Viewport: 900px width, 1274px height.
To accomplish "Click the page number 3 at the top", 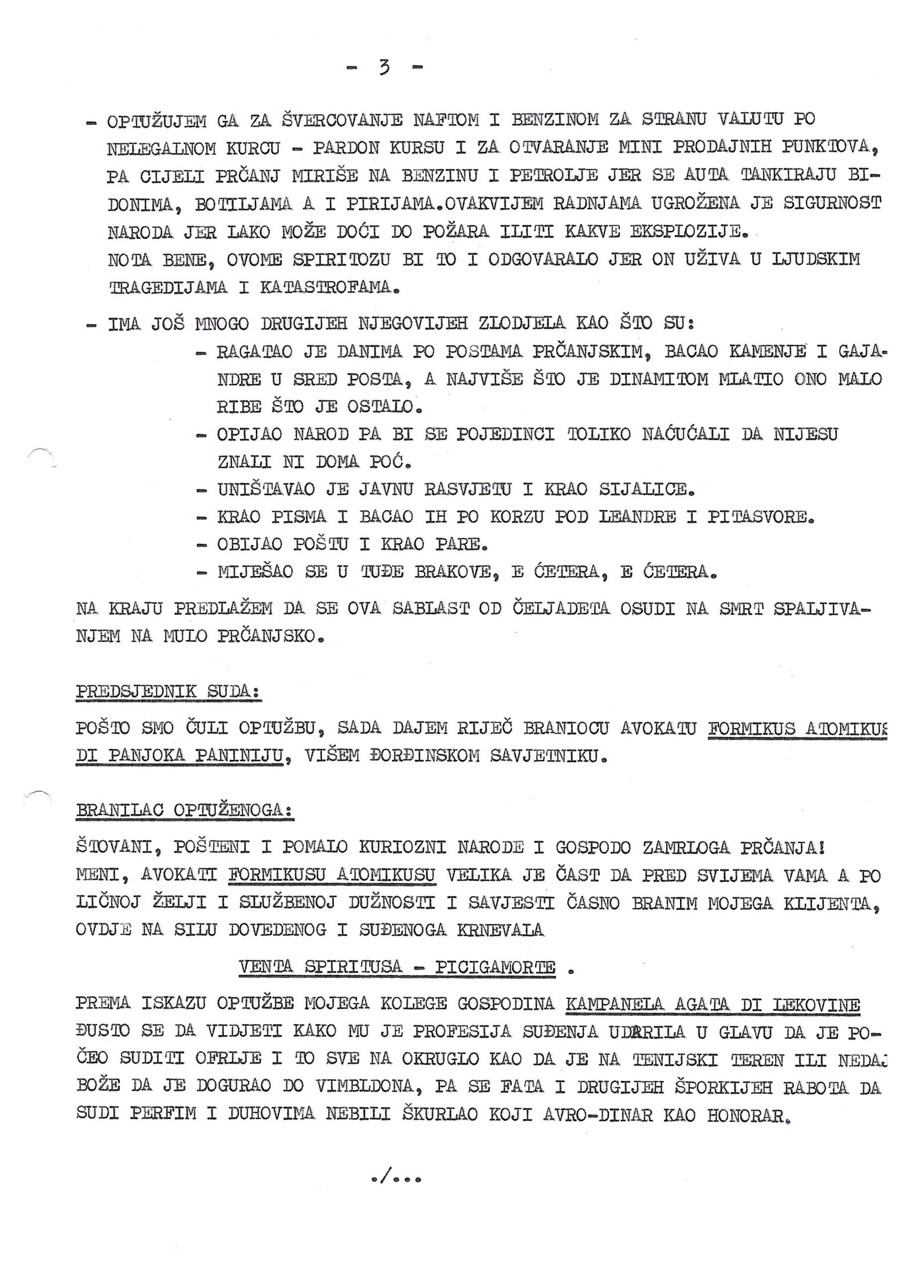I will click(x=384, y=68).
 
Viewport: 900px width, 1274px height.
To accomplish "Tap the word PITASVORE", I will click(x=761, y=517).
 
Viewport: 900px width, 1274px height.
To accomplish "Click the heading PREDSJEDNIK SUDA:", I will click(x=169, y=692).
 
